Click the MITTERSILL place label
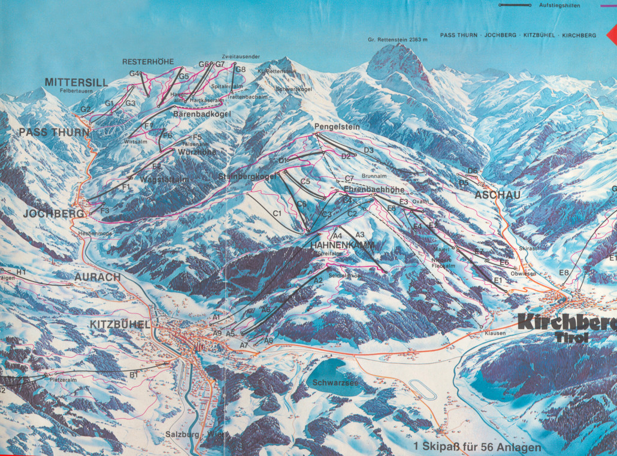[x=76, y=82]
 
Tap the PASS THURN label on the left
[x=54, y=132]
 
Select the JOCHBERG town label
[x=54, y=213]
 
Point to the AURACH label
[x=98, y=277]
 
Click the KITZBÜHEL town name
[x=119, y=324]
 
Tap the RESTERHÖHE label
[x=148, y=62]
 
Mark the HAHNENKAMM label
[x=342, y=246]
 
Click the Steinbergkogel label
[x=248, y=176]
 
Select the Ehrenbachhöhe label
[x=374, y=189]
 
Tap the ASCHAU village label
[x=497, y=195]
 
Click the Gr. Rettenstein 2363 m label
[x=398, y=40]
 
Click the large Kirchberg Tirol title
[x=566, y=327]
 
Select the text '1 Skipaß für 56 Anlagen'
[x=477, y=447]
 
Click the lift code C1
[x=277, y=213]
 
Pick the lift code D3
[x=368, y=150]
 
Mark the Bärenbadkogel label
[x=199, y=113]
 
